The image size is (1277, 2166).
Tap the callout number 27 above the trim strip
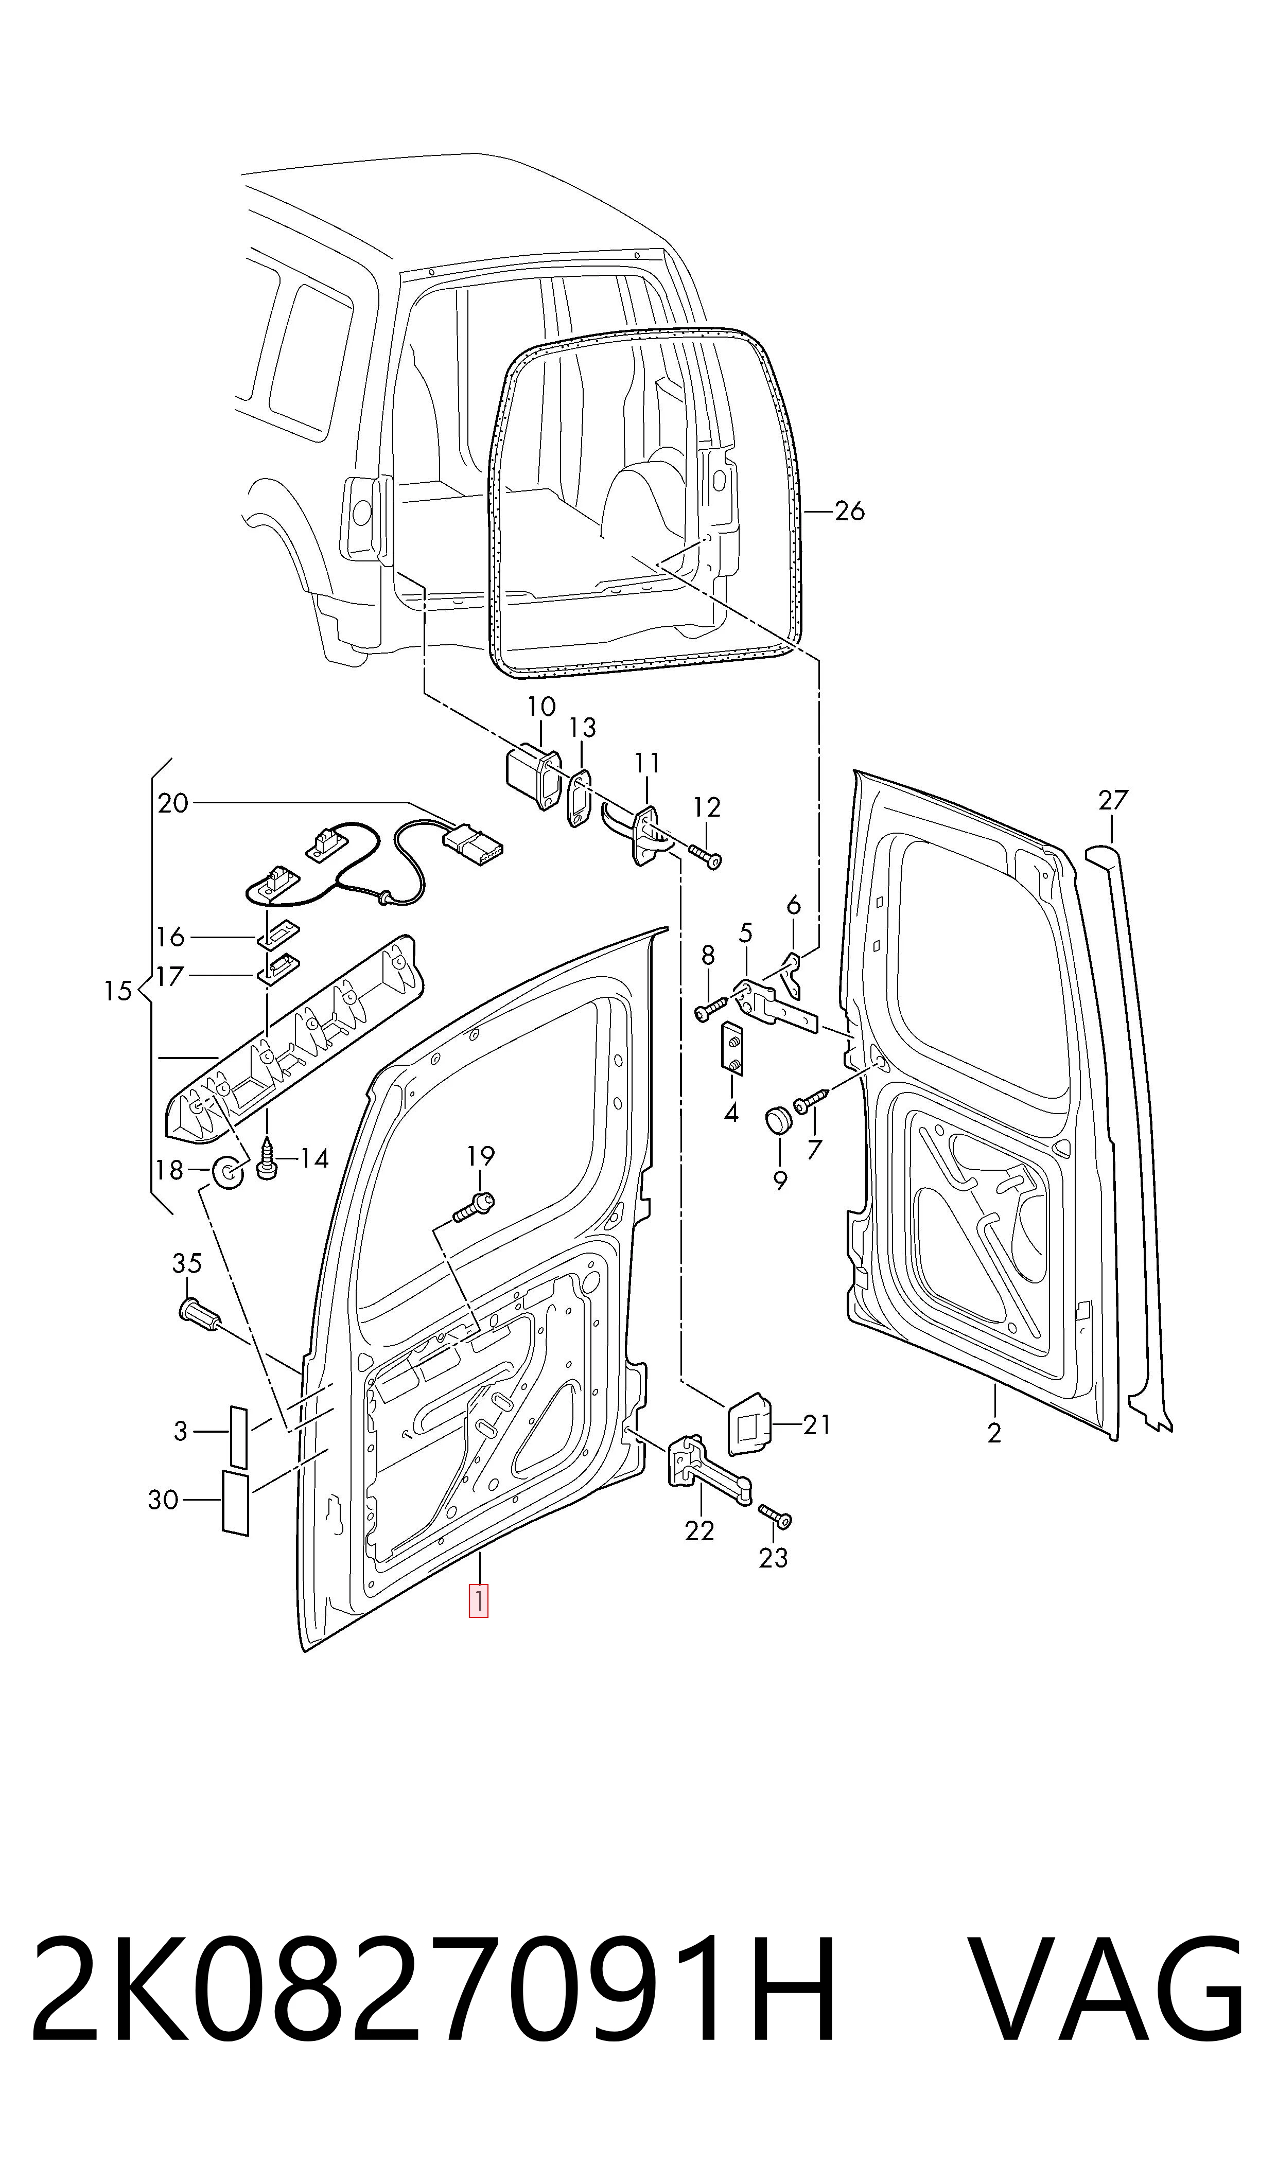pos(1113,800)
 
